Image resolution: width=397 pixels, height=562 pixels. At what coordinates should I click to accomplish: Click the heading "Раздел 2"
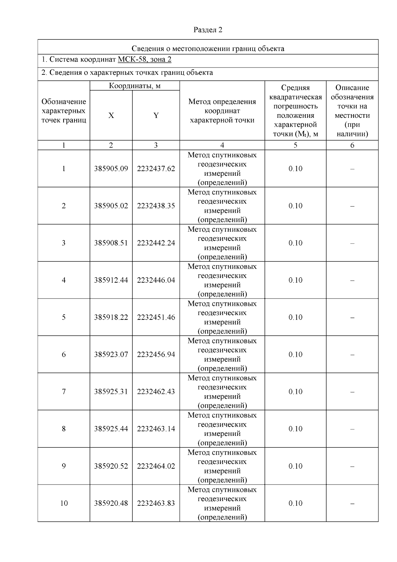208,30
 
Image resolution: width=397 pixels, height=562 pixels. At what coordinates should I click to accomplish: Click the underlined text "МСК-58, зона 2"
145,60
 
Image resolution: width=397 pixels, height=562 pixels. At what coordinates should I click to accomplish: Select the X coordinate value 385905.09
111,169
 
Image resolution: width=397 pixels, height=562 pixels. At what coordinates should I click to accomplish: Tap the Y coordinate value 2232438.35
156,206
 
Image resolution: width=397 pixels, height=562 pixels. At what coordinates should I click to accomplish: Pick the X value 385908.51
111,243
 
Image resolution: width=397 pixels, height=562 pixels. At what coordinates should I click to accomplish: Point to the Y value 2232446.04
156,280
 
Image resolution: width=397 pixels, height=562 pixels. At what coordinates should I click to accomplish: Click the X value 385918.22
111,317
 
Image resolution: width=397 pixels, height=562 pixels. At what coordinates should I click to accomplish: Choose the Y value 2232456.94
156,354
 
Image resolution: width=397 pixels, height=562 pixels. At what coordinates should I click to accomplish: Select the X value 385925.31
111,392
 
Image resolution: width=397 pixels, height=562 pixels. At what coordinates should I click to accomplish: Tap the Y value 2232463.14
156,429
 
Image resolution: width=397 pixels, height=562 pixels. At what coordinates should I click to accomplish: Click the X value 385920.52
111,466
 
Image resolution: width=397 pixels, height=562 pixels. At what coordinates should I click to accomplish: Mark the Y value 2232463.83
156,503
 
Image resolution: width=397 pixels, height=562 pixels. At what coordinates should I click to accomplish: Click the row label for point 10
64,503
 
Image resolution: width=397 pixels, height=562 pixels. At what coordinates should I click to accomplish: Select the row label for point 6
64,354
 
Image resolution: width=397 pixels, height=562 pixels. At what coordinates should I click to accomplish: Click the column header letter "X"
111,116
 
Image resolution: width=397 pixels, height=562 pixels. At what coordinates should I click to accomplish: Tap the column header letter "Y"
156,116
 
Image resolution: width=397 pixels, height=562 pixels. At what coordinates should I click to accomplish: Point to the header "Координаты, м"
135,86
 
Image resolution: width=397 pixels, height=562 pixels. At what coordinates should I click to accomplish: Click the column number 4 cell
222,145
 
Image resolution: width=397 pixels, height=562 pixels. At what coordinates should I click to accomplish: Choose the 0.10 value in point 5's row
295,317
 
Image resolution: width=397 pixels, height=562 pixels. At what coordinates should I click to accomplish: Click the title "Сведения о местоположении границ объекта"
208,49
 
